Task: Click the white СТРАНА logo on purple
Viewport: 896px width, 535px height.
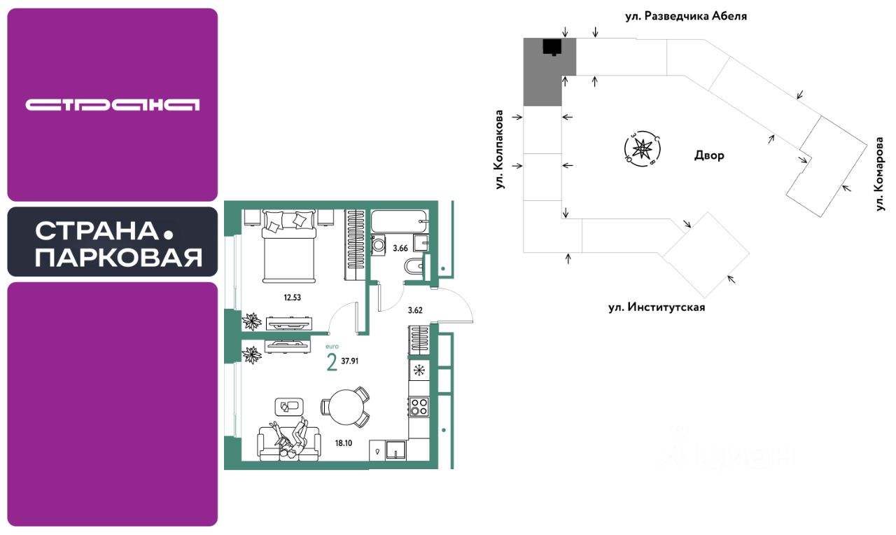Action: tap(113, 105)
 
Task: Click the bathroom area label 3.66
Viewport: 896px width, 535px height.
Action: tap(400, 247)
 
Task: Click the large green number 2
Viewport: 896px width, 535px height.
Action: tap(332, 363)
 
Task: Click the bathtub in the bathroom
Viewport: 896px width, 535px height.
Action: tap(400, 221)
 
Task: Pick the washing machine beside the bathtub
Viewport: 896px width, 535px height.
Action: tap(378, 245)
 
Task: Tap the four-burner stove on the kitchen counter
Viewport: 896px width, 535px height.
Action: tap(419, 406)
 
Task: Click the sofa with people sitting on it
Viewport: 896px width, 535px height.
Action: tap(289, 441)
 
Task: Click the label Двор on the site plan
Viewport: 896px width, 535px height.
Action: tap(710, 155)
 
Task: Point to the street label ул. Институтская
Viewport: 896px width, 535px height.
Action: tap(656, 307)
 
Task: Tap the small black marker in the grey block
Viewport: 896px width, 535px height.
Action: tap(552, 47)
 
